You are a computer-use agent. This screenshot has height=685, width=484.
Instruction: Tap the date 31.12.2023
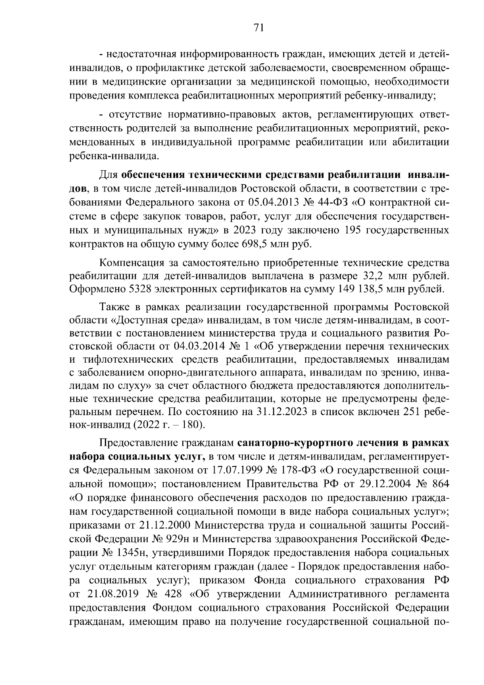[x=284, y=412]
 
